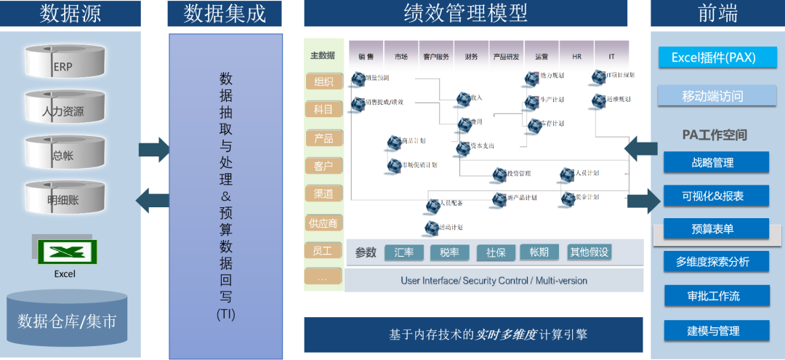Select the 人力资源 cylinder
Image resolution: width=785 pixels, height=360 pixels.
point(65,108)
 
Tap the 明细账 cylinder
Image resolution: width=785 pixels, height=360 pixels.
point(65,197)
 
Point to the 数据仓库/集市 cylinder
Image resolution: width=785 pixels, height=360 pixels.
point(67,320)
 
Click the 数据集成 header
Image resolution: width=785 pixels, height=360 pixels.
point(225,13)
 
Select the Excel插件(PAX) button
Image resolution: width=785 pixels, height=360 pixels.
point(713,57)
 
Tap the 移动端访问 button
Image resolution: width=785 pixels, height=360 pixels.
point(713,95)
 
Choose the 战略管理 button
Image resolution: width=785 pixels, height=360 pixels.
point(716,162)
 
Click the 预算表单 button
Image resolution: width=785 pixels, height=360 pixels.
point(716,228)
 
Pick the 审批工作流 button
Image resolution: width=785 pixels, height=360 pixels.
point(716,296)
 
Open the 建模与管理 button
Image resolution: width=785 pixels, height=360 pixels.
point(716,330)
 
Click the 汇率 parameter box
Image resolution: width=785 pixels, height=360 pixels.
point(404,252)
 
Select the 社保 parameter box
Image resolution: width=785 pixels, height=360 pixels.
point(496,252)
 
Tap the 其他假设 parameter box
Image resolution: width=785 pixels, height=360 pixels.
point(589,252)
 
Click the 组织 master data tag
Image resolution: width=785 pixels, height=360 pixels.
point(323,81)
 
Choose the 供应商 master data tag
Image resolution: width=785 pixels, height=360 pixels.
point(324,223)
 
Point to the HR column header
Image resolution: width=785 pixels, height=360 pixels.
point(577,55)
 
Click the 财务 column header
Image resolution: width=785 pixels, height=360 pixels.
point(471,55)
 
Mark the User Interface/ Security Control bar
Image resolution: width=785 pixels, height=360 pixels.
point(494,280)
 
